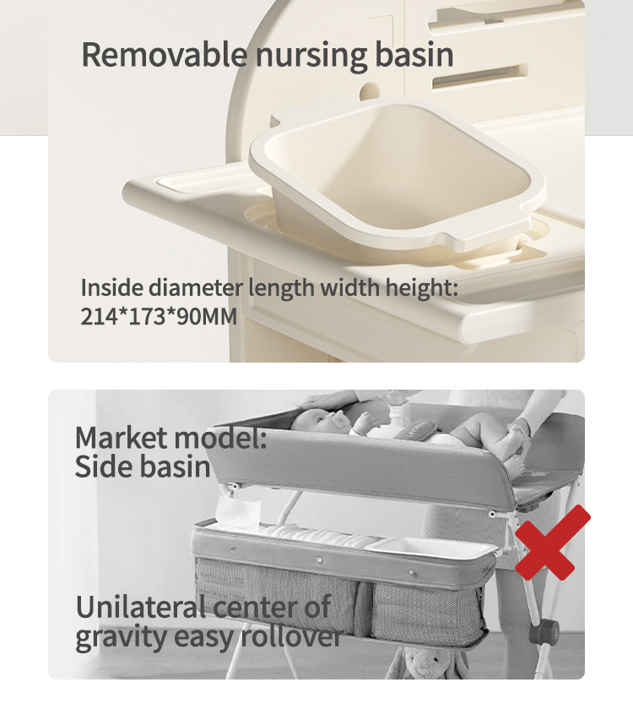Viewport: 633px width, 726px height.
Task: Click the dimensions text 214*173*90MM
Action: click(159, 317)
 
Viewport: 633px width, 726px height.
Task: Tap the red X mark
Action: click(552, 543)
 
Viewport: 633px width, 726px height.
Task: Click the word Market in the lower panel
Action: click(122, 438)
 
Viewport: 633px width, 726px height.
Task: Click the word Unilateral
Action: click(141, 607)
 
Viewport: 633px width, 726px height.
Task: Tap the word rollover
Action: click(292, 636)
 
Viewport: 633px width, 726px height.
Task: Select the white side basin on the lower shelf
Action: click(430, 549)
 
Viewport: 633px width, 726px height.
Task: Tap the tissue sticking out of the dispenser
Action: click(237, 511)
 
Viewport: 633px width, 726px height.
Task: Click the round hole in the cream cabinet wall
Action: click(370, 91)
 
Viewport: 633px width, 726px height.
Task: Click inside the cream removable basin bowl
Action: click(398, 172)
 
